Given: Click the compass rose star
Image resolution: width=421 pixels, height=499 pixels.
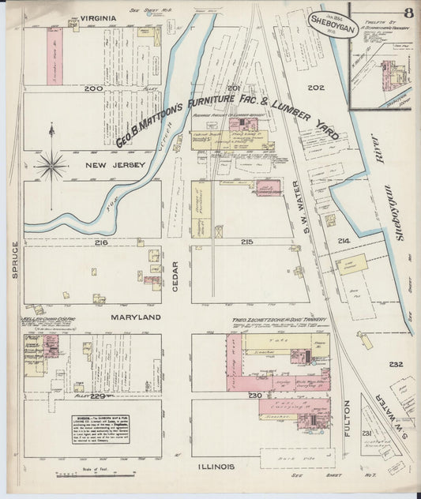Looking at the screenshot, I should (x=51, y=165).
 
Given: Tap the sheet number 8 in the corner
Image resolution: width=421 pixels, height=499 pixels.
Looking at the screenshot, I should (x=408, y=13).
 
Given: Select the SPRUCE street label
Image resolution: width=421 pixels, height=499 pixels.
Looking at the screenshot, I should (x=14, y=261).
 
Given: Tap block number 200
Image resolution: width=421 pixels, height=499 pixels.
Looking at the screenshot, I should (x=94, y=88).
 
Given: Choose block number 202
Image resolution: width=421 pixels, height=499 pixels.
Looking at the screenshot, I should (x=317, y=88).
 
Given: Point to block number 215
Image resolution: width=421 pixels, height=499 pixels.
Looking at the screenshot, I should (x=247, y=241).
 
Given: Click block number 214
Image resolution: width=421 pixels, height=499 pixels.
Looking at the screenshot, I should (x=343, y=240).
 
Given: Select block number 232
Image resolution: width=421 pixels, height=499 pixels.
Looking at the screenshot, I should (x=396, y=364).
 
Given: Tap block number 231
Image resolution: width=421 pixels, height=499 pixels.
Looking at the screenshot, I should (x=366, y=434).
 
